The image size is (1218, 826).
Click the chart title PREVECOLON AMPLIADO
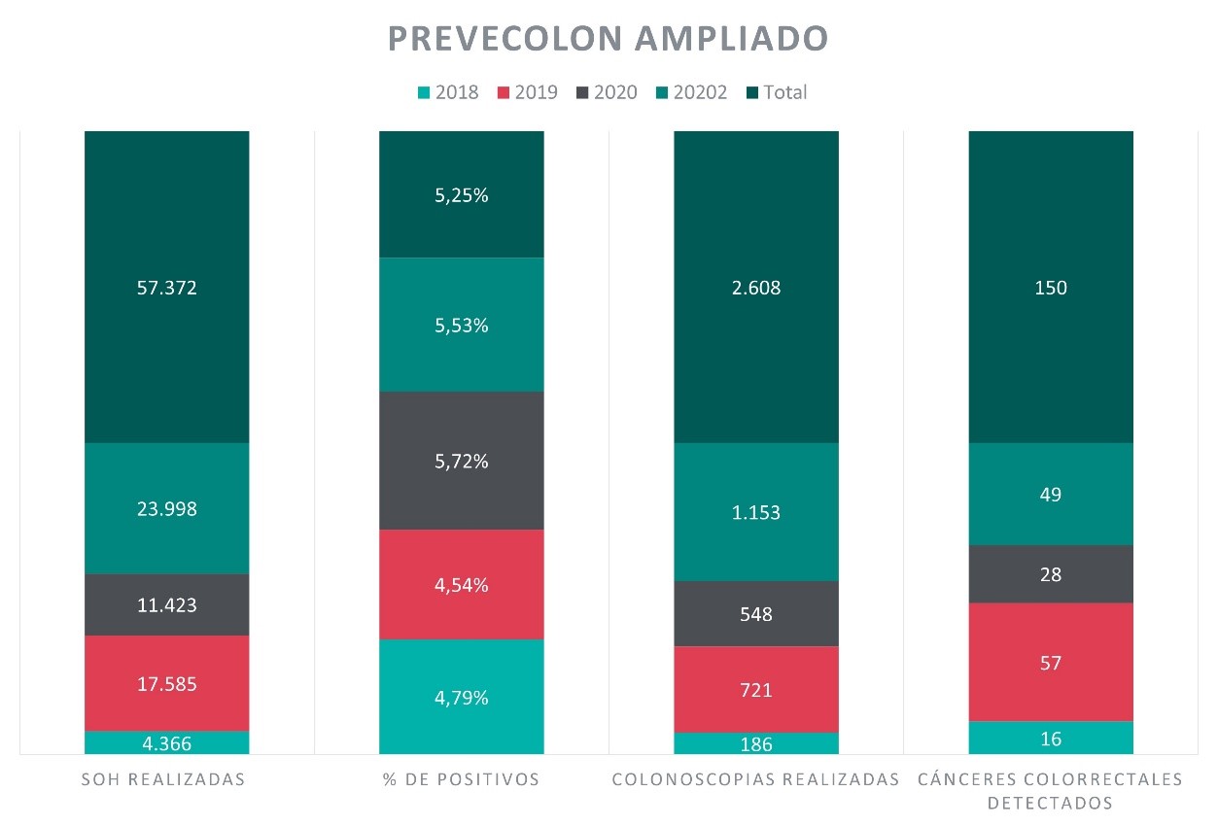click(609, 38)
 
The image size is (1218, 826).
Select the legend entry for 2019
click(528, 92)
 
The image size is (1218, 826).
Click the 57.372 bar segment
click(167, 288)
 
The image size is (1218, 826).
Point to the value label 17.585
click(167, 684)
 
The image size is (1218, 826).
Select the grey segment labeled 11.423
click(167, 605)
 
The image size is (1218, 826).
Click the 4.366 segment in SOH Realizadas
click(167, 743)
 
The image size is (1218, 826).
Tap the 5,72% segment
click(462, 462)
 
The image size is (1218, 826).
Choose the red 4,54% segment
click(462, 585)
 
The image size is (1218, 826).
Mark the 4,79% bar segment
click(462, 697)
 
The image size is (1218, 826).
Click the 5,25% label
click(462, 195)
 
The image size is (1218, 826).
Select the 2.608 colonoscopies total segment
click(756, 288)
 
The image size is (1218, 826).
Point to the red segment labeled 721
click(756, 690)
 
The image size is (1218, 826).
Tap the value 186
click(756, 744)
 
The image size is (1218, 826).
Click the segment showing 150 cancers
click(1051, 288)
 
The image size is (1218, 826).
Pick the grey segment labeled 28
click(1051, 574)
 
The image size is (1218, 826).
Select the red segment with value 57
click(1051, 663)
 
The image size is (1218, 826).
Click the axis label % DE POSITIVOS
click(462, 779)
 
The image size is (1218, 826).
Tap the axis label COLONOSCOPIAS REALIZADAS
click(756, 779)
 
